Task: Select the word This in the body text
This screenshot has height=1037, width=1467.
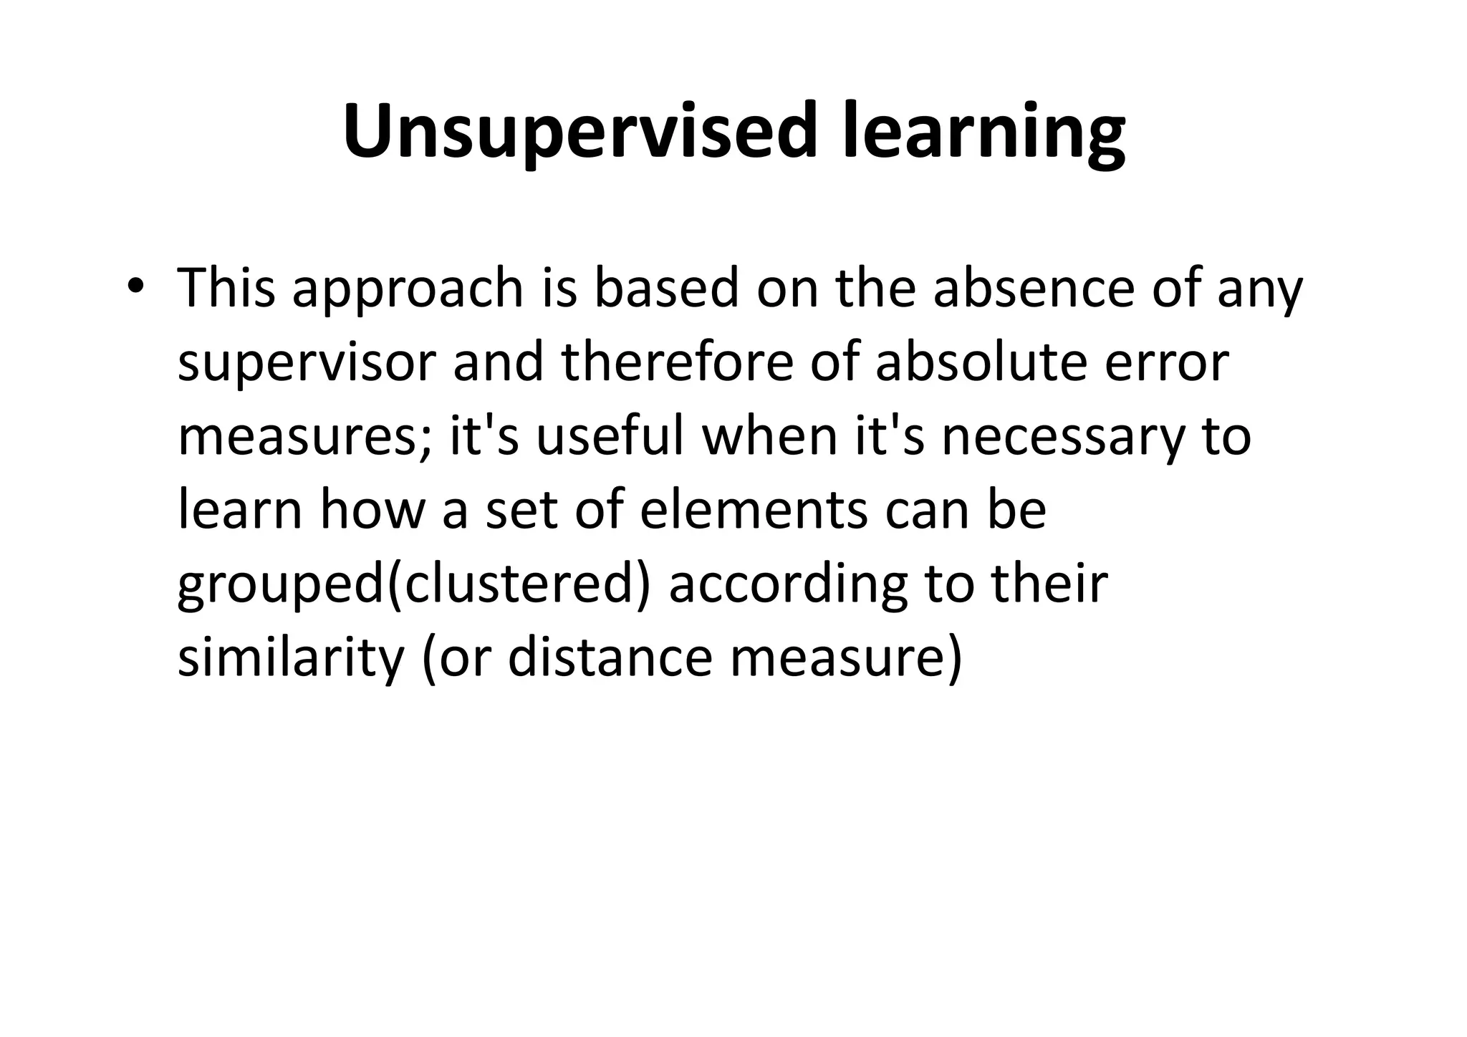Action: (x=226, y=288)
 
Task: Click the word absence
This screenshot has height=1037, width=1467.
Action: (x=1034, y=288)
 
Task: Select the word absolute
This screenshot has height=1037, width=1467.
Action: (x=981, y=362)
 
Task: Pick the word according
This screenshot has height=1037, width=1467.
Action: (x=788, y=586)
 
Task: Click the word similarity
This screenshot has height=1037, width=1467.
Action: (x=291, y=659)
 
